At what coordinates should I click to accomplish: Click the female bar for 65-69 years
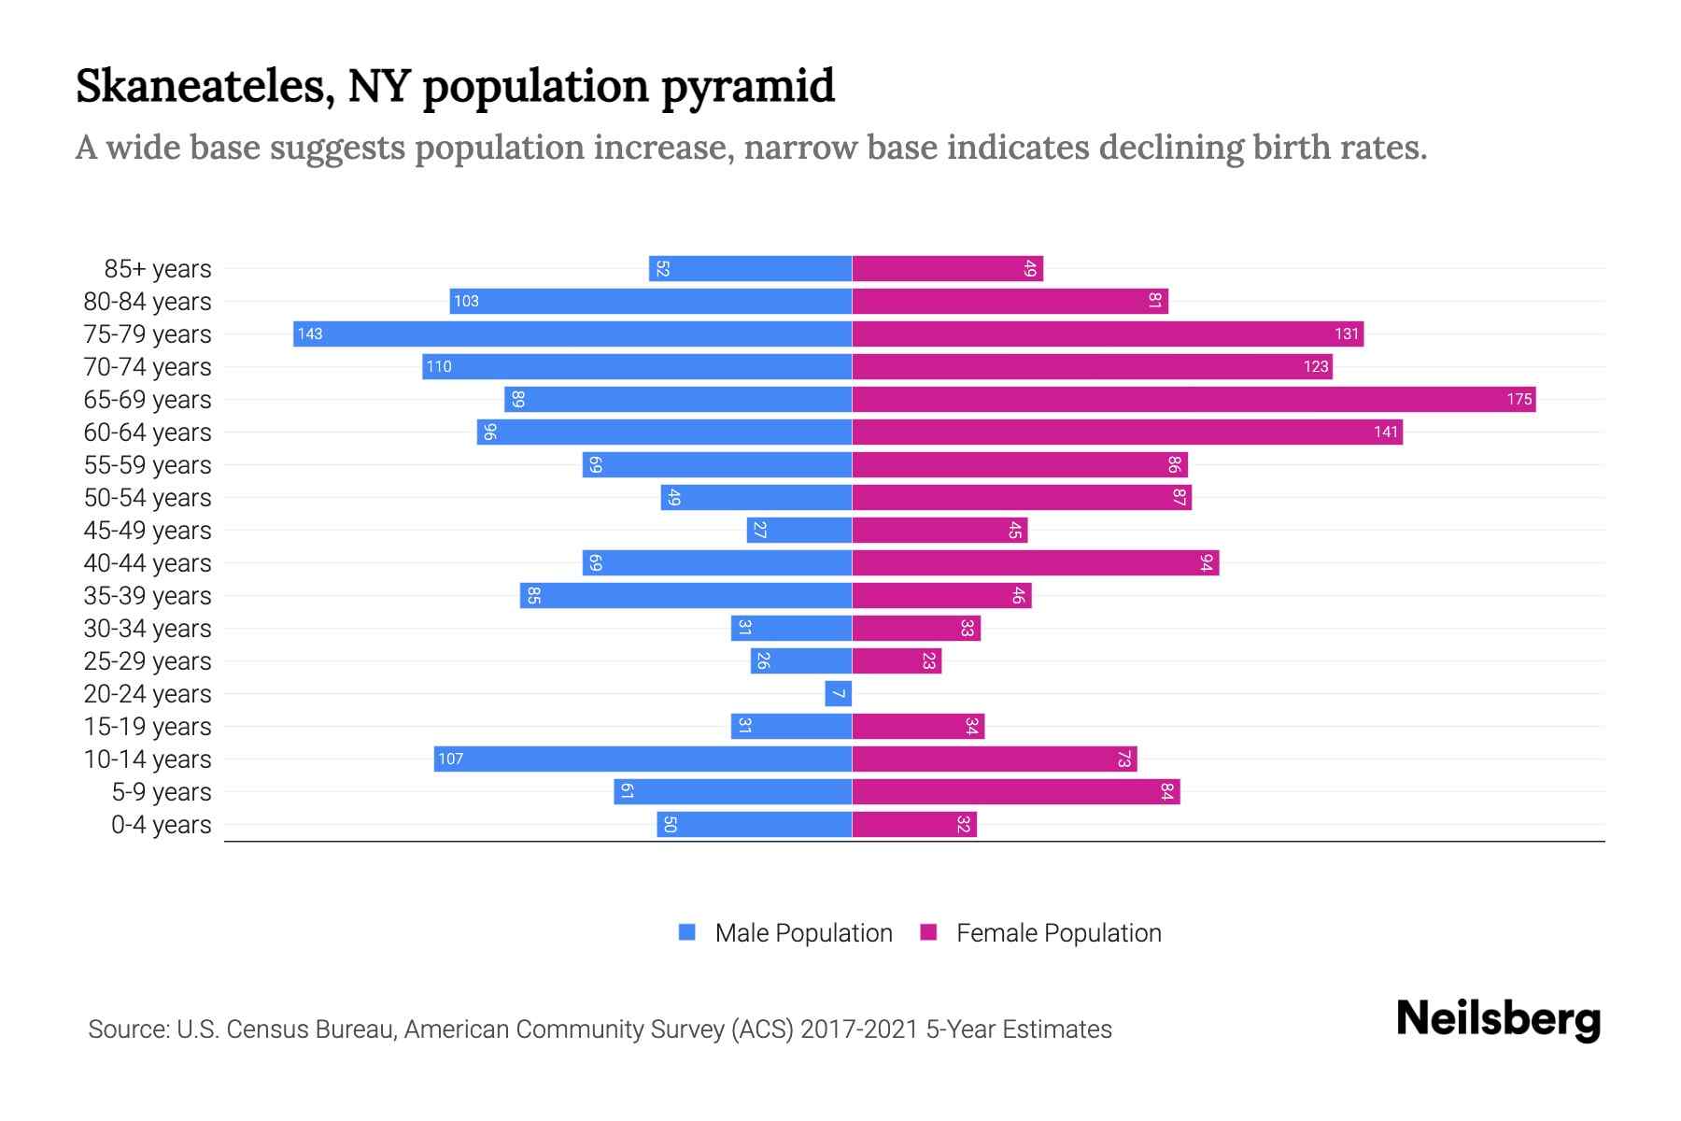(1194, 400)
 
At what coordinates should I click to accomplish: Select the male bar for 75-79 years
(572, 334)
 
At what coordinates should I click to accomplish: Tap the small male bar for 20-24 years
(839, 694)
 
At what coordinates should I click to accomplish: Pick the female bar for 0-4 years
(914, 825)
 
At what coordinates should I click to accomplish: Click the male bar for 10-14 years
(643, 759)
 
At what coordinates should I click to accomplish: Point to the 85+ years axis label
(158, 269)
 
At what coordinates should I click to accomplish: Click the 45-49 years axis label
(148, 531)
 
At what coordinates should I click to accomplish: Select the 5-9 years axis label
(162, 792)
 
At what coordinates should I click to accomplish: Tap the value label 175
(1519, 400)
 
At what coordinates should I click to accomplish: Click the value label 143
(310, 334)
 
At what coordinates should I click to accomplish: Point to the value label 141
(1386, 433)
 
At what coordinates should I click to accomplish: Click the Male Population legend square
(687, 932)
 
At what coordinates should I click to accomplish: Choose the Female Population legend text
(1058, 933)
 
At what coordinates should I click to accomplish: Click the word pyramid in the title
(748, 88)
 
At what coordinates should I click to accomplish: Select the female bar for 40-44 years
(1035, 563)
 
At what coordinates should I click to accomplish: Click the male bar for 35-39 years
(685, 596)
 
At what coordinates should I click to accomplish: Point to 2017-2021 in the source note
(858, 1029)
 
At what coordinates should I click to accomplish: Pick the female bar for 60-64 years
(1127, 433)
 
